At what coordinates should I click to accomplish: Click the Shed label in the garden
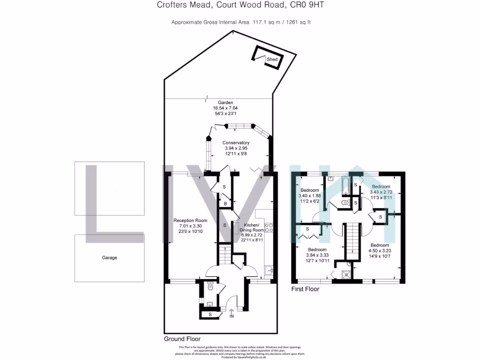coord(272,60)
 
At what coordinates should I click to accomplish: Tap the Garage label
coord(110,258)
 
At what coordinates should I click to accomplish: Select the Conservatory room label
coord(236,143)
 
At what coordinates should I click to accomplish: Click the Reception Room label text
coord(190,220)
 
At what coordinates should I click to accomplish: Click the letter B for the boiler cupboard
coord(225,204)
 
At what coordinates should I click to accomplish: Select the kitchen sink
coord(269,270)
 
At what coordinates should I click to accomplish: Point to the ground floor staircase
coord(225,255)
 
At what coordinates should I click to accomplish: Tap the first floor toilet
coord(346,203)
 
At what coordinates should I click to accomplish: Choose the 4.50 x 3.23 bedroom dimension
coord(379,251)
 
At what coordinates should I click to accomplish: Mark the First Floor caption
coord(305,289)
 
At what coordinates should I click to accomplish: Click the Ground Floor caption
coord(182,339)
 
